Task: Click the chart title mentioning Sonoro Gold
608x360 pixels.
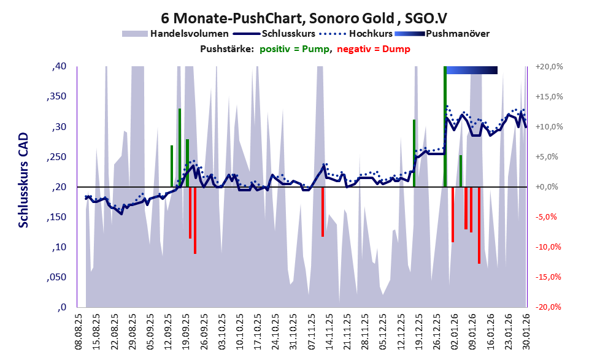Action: pyautogui.click(x=303, y=17)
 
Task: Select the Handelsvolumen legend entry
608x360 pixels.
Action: pyautogui.click(x=190, y=34)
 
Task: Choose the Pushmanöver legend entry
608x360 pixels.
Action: pyautogui.click(x=456, y=34)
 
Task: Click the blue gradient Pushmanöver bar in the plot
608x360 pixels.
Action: pyautogui.click(x=471, y=70)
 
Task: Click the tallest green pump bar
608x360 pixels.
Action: pyautogui.click(x=444, y=126)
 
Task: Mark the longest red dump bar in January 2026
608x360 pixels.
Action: pyautogui.click(x=479, y=225)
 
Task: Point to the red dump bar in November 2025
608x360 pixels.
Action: pyautogui.click(x=323, y=212)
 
